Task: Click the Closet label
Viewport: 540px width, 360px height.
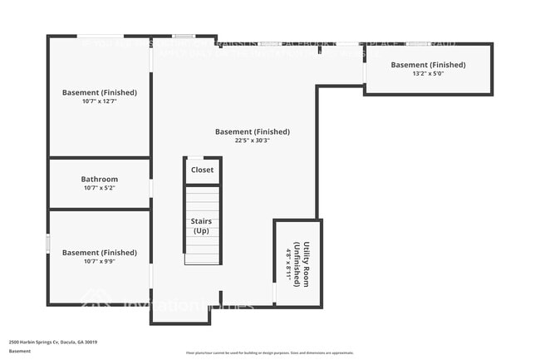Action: coord(202,170)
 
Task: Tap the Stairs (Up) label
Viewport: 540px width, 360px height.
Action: coord(202,225)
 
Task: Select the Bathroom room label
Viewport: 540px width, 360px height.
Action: coord(99,179)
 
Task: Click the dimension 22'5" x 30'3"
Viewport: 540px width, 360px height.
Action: coord(252,141)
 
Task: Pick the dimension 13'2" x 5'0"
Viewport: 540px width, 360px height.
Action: coord(428,73)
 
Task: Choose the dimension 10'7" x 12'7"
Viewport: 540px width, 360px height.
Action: coord(99,101)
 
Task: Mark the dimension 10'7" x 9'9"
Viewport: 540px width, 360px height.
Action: coord(99,262)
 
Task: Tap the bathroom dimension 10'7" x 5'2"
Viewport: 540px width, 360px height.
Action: coord(99,189)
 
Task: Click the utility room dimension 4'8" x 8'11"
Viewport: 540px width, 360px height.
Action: coord(288,265)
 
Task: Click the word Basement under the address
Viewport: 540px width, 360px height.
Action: coord(20,351)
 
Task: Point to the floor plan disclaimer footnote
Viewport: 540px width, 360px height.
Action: coord(269,353)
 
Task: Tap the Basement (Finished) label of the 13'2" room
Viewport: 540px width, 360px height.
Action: coord(428,65)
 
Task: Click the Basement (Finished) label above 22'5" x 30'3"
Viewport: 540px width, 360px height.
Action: coord(252,131)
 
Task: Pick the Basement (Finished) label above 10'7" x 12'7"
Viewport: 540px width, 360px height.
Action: coord(99,92)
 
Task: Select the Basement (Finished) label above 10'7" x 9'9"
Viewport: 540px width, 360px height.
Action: coord(99,253)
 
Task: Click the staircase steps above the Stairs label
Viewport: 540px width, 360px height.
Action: coord(202,200)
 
